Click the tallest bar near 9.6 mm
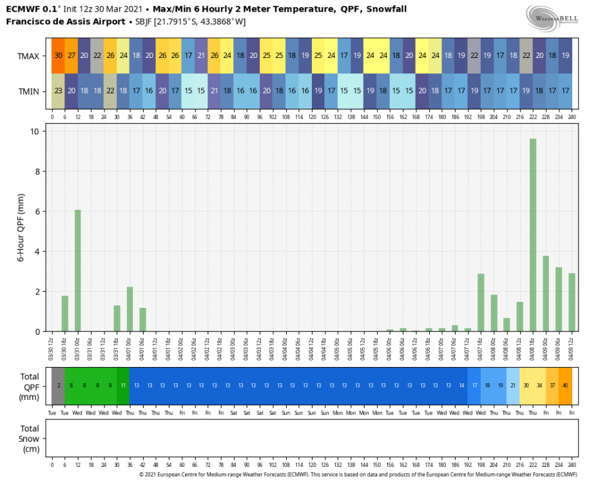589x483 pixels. tap(533, 235)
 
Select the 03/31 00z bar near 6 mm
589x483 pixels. tap(78, 270)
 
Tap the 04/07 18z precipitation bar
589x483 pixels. tap(481, 303)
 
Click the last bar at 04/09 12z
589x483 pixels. tap(572, 303)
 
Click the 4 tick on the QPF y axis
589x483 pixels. tap(37, 251)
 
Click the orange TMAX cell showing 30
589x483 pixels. tap(58, 56)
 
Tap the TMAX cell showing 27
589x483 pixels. tap(72, 56)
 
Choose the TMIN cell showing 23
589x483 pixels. tap(58, 91)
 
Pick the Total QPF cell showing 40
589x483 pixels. tap(565, 385)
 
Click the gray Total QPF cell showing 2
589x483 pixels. tap(58, 385)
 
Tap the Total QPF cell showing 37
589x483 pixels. tap(552, 385)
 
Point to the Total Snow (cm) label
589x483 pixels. tap(30, 439)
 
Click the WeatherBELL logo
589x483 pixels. tap(551, 16)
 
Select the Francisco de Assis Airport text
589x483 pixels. tap(66, 21)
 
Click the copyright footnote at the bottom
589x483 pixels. tap(358, 475)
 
